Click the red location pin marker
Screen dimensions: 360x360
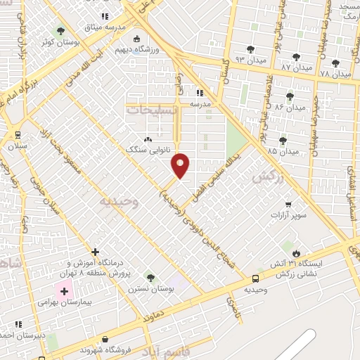tap(181, 165)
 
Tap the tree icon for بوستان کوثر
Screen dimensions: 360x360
tap(60, 30)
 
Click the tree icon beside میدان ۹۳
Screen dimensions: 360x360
tap(250, 49)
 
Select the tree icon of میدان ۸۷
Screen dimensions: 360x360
tap(295, 56)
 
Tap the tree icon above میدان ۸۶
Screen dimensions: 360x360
tap(289, 96)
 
